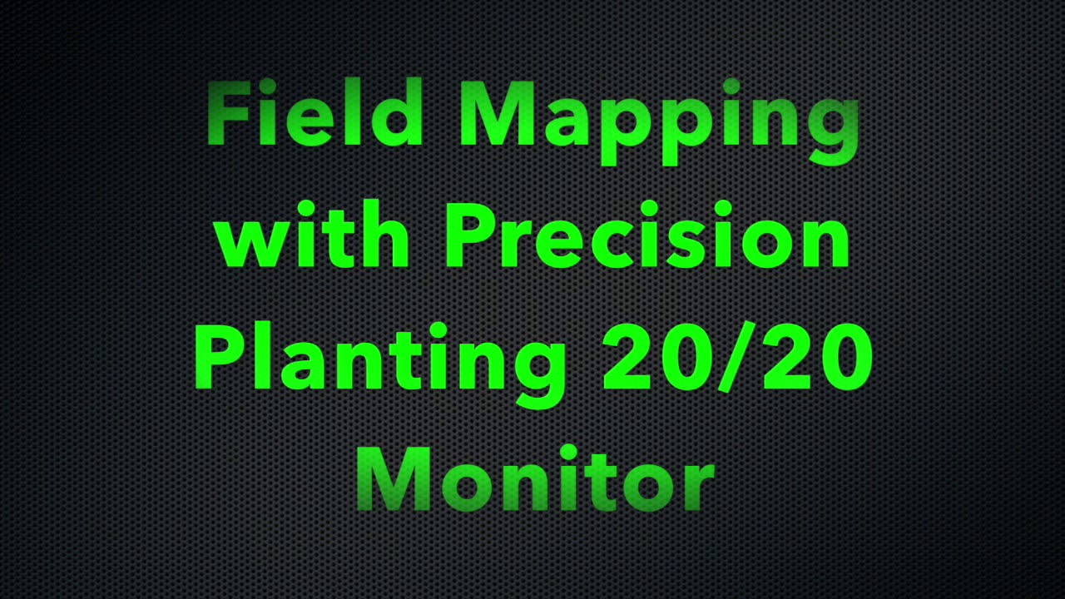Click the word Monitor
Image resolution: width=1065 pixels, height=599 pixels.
click(x=535, y=480)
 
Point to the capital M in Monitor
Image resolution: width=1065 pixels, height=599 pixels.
click(x=395, y=480)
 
